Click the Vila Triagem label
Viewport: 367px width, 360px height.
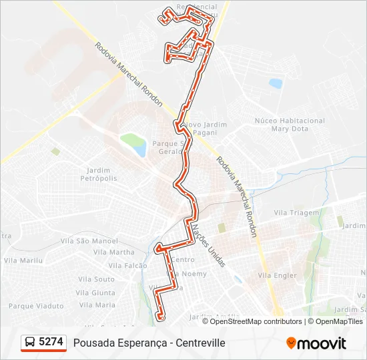tap(296, 213)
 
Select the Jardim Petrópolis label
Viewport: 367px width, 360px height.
tap(99, 174)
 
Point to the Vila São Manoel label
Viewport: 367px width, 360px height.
tap(97, 241)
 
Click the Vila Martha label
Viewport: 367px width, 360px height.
tap(113, 252)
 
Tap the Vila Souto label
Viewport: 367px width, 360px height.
tap(96, 279)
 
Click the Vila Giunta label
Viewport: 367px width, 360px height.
tap(95, 293)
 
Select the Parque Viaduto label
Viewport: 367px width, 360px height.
tap(36, 306)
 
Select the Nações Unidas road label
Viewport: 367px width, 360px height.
tap(208, 245)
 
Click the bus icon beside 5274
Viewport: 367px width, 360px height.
tap(30, 343)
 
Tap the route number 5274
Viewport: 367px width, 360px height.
tap(51, 342)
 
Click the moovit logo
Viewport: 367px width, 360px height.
tap(316, 343)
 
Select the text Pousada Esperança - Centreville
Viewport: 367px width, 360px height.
tap(149, 343)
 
